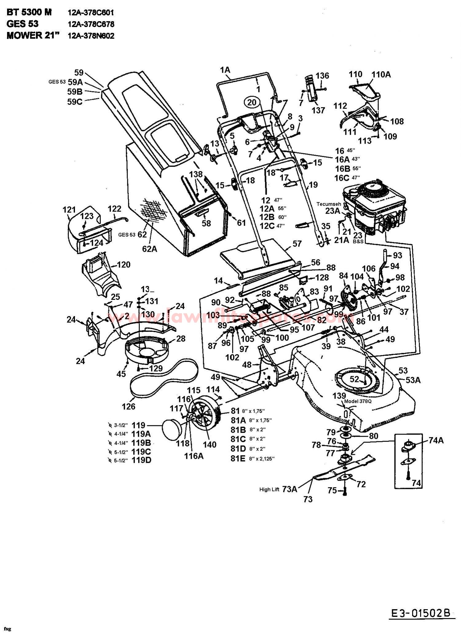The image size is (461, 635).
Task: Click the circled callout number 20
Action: (252, 102)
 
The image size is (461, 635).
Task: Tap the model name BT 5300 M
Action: (29, 12)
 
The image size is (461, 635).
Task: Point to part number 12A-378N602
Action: (91, 36)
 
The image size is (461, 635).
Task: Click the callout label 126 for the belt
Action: (128, 407)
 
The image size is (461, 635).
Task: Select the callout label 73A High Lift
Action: (290, 489)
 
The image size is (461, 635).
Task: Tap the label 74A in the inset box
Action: (436, 440)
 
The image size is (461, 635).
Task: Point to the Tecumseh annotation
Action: (328, 204)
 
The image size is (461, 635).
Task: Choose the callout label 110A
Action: (381, 74)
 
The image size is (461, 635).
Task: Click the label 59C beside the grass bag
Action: (75, 101)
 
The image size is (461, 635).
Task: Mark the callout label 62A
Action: (149, 248)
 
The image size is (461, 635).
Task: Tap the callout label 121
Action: (69, 210)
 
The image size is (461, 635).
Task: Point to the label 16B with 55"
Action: (343, 169)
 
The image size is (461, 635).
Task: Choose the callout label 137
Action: (318, 110)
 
